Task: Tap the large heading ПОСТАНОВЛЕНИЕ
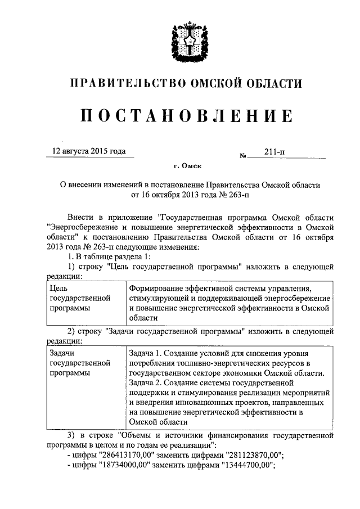point(186,116)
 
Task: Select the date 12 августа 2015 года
point(89,151)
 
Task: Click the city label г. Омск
point(187,166)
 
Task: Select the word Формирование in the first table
point(157,288)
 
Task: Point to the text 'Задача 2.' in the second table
point(146,383)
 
